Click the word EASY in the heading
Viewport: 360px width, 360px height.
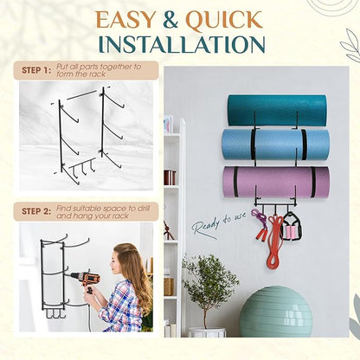point(125,20)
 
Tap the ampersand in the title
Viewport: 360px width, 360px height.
point(170,20)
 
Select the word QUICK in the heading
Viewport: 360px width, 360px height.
point(224,20)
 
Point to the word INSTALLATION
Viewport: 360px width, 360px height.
point(182,45)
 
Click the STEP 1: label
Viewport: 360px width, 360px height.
point(36,70)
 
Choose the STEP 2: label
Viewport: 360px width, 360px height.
point(36,211)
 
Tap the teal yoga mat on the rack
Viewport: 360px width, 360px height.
point(277,110)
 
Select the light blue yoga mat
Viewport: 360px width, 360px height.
point(275,145)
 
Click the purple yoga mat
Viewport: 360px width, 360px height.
point(276,182)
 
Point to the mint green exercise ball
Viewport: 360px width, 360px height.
point(276,312)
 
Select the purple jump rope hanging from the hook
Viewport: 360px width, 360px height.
point(259,223)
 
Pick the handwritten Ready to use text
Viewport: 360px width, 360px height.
point(219,224)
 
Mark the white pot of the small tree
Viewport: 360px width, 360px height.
point(207,332)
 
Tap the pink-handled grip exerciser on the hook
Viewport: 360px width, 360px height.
point(291,226)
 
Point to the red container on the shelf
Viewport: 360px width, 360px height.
point(170,177)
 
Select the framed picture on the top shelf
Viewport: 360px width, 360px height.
point(168,125)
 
